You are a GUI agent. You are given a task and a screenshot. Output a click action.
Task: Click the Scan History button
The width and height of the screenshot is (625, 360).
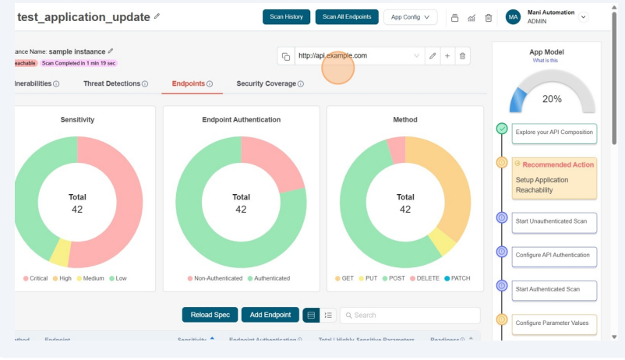[286, 17]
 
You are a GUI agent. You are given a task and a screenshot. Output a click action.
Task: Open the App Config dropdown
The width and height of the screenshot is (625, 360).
[410, 17]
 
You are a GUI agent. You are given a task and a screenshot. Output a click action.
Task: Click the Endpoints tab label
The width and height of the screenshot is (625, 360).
[188, 83]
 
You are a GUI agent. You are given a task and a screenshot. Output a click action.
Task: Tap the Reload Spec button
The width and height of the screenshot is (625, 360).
[210, 315]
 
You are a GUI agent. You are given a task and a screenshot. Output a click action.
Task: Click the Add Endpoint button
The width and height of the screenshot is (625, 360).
[270, 315]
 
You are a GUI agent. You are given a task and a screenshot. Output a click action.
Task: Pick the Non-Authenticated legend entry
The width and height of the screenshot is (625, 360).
[214, 278]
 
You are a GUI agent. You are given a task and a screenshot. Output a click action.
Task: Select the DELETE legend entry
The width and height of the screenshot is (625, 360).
[425, 278]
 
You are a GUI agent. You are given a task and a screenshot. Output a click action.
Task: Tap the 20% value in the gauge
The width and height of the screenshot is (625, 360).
[552, 99]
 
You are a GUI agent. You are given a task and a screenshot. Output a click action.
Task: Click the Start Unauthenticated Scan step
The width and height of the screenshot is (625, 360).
[554, 221]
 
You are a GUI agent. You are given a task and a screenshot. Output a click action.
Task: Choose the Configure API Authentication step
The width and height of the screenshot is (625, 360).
[554, 255]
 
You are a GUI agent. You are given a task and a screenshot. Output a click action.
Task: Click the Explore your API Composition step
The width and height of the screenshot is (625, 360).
[554, 132]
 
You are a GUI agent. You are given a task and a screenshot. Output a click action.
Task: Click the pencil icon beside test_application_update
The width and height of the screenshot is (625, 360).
[157, 16]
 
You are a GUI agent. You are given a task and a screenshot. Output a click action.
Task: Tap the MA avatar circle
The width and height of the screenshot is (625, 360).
[513, 17]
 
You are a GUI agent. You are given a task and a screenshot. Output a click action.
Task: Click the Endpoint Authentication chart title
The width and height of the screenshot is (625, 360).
[241, 120]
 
